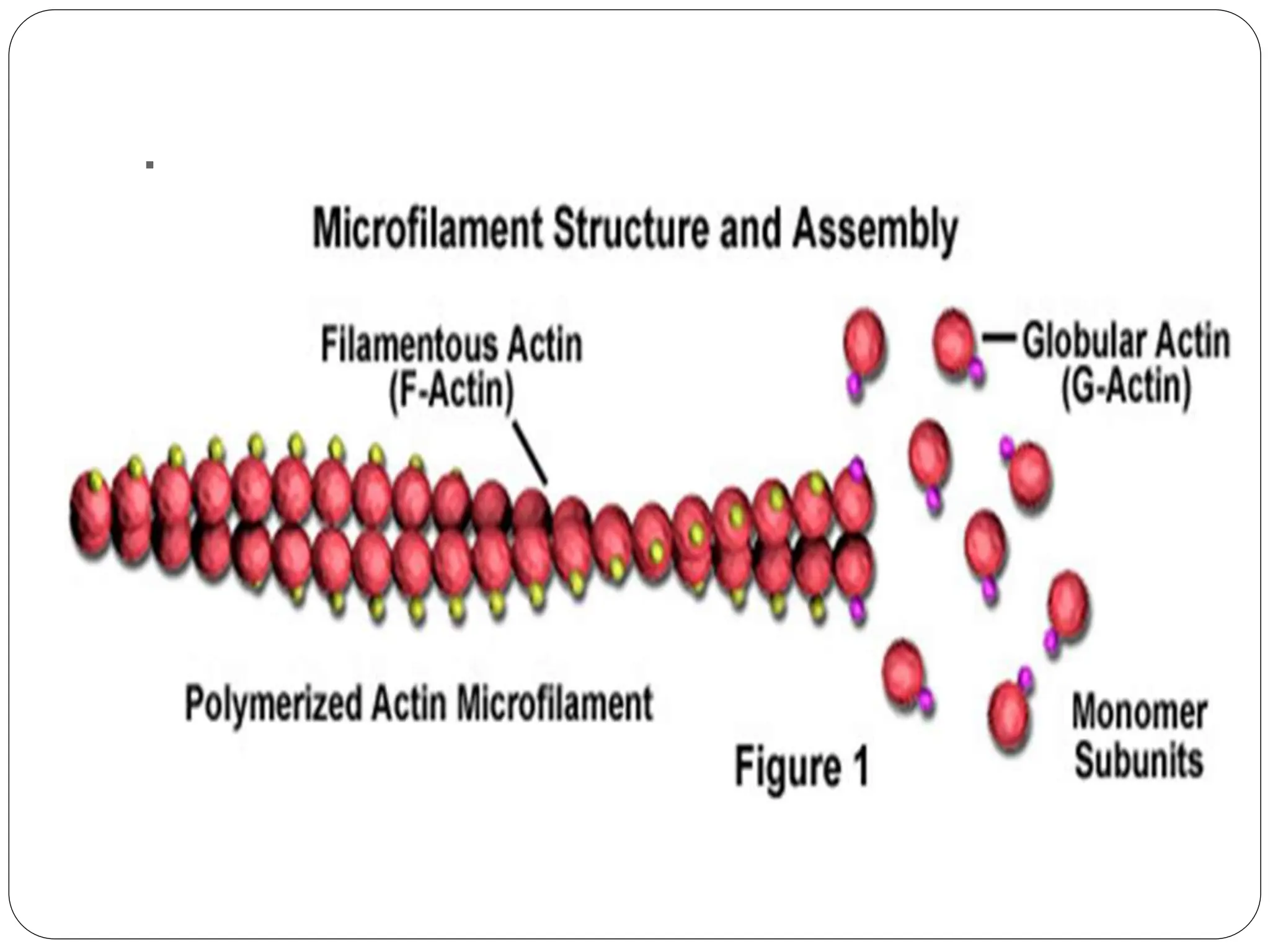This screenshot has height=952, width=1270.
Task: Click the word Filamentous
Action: pyautogui.click(x=411, y=346)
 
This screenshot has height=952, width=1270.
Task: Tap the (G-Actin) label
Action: pyautogui.click(x=1126, y=388)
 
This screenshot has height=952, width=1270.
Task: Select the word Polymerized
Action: pyautogui.click(x=273, y=703)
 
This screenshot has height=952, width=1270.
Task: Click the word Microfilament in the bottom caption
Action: pyautogui.click(x=554, y=703)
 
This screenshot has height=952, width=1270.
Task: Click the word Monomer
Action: pyautogui.click(x=1139, y=713)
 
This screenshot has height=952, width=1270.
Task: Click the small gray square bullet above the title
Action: pyautogui.click(x=149, y=165)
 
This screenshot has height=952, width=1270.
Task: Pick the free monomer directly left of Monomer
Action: pyautogui.click(x=1010, y=715)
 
